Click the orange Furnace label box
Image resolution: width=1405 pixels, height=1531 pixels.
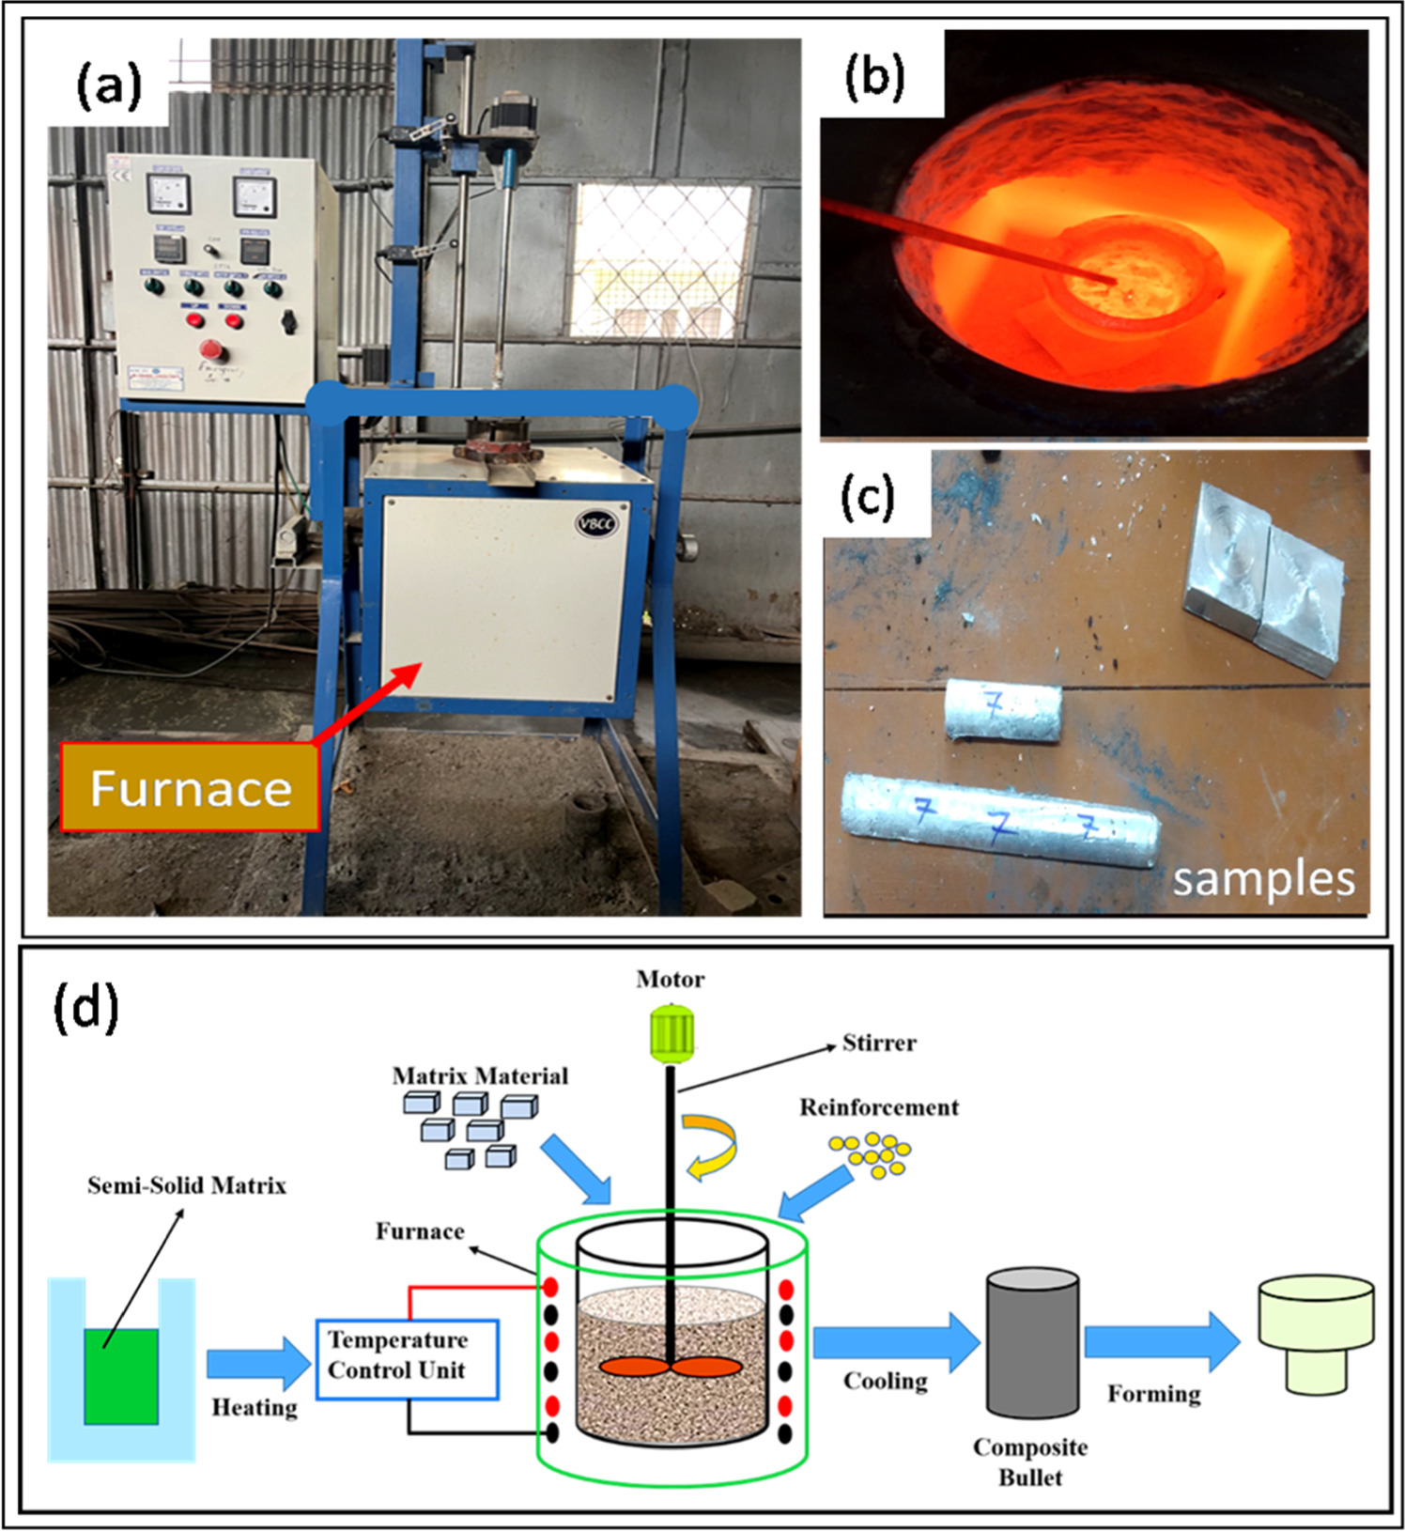(x=190, y=787)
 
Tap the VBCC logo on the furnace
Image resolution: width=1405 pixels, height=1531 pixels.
(x=596, y=523)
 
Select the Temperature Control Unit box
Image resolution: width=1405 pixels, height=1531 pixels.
(x=407, y=1358)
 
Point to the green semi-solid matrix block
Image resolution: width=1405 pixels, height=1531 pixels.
(x=121, y=1375)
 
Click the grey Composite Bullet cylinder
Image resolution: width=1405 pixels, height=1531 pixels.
(x=1031, y=1343)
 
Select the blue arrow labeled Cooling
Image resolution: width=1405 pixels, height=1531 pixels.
(x=895, y=1342)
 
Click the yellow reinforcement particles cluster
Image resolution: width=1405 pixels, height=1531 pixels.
(x=871, y=1154)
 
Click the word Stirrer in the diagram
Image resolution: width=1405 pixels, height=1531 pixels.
(x=878, y=1043)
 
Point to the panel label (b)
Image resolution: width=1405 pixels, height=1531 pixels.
(x=873, y=77)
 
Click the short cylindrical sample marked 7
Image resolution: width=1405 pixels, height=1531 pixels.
(x=1002, y=710)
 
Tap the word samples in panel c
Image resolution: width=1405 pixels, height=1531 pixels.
(x=1263, y=879)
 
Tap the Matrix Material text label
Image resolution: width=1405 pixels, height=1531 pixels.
(x=480, y=1075)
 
